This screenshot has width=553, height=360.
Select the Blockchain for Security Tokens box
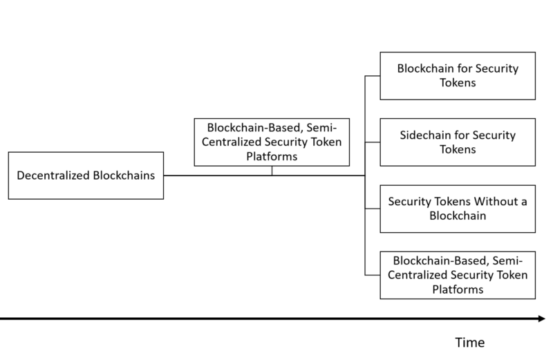click(458, 76)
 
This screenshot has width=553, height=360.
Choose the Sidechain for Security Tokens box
click(458, 142)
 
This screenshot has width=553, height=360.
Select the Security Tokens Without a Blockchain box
click(458, 209)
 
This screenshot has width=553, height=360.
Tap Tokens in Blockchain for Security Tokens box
click(458, 83)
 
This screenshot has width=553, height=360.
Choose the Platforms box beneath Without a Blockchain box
click(458, 275)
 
